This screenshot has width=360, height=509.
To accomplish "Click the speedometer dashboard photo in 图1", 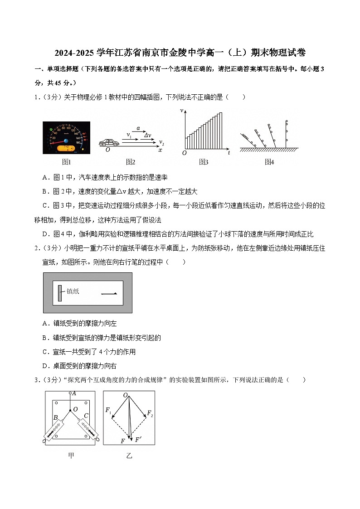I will tap(66, 138).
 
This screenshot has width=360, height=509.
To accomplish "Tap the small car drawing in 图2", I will tap(109, 143).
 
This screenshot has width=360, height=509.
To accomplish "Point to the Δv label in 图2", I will tap(148, 135).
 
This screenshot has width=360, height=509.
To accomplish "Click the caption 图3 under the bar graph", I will tap(204, 162).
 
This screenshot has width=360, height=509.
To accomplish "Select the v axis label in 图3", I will tap(181, 111).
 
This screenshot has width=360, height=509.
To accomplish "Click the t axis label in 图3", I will tap(229, 153).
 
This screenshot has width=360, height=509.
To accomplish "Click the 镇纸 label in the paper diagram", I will tap(73, 291).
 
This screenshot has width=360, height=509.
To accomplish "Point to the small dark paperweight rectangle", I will tap(60, 293).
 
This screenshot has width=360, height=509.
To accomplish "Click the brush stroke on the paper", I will tap(109, 294).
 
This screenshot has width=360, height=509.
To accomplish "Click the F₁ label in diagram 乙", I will tap(108, 410).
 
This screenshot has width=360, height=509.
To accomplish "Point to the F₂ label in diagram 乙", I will tap(150, 414).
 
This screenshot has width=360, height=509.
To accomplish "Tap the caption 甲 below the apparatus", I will tap(71, 456).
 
